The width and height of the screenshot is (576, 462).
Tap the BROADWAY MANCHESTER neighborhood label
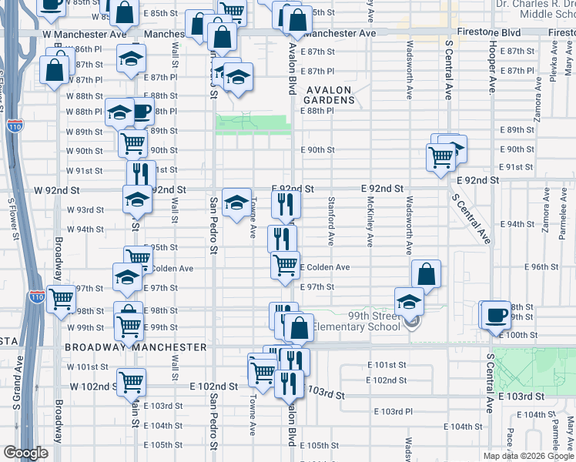[136, 347]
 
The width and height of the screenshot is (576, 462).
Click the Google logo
[25, 454]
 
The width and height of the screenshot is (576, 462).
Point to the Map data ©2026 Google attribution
[527, 456]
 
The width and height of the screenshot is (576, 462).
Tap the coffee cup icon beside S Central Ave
[497, 314]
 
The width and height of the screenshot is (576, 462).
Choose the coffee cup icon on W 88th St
[141, 110]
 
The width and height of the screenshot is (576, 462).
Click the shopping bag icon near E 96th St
[426, 273]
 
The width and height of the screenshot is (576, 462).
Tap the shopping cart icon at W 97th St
[62, 299]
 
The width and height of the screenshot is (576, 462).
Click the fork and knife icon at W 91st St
[140, 173]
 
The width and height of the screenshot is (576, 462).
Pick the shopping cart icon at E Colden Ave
[285, 264]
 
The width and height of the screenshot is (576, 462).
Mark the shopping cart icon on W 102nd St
[132, 380]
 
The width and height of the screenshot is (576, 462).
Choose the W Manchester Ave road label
[85, 35]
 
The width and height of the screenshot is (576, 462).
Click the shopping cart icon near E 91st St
[440, 157]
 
